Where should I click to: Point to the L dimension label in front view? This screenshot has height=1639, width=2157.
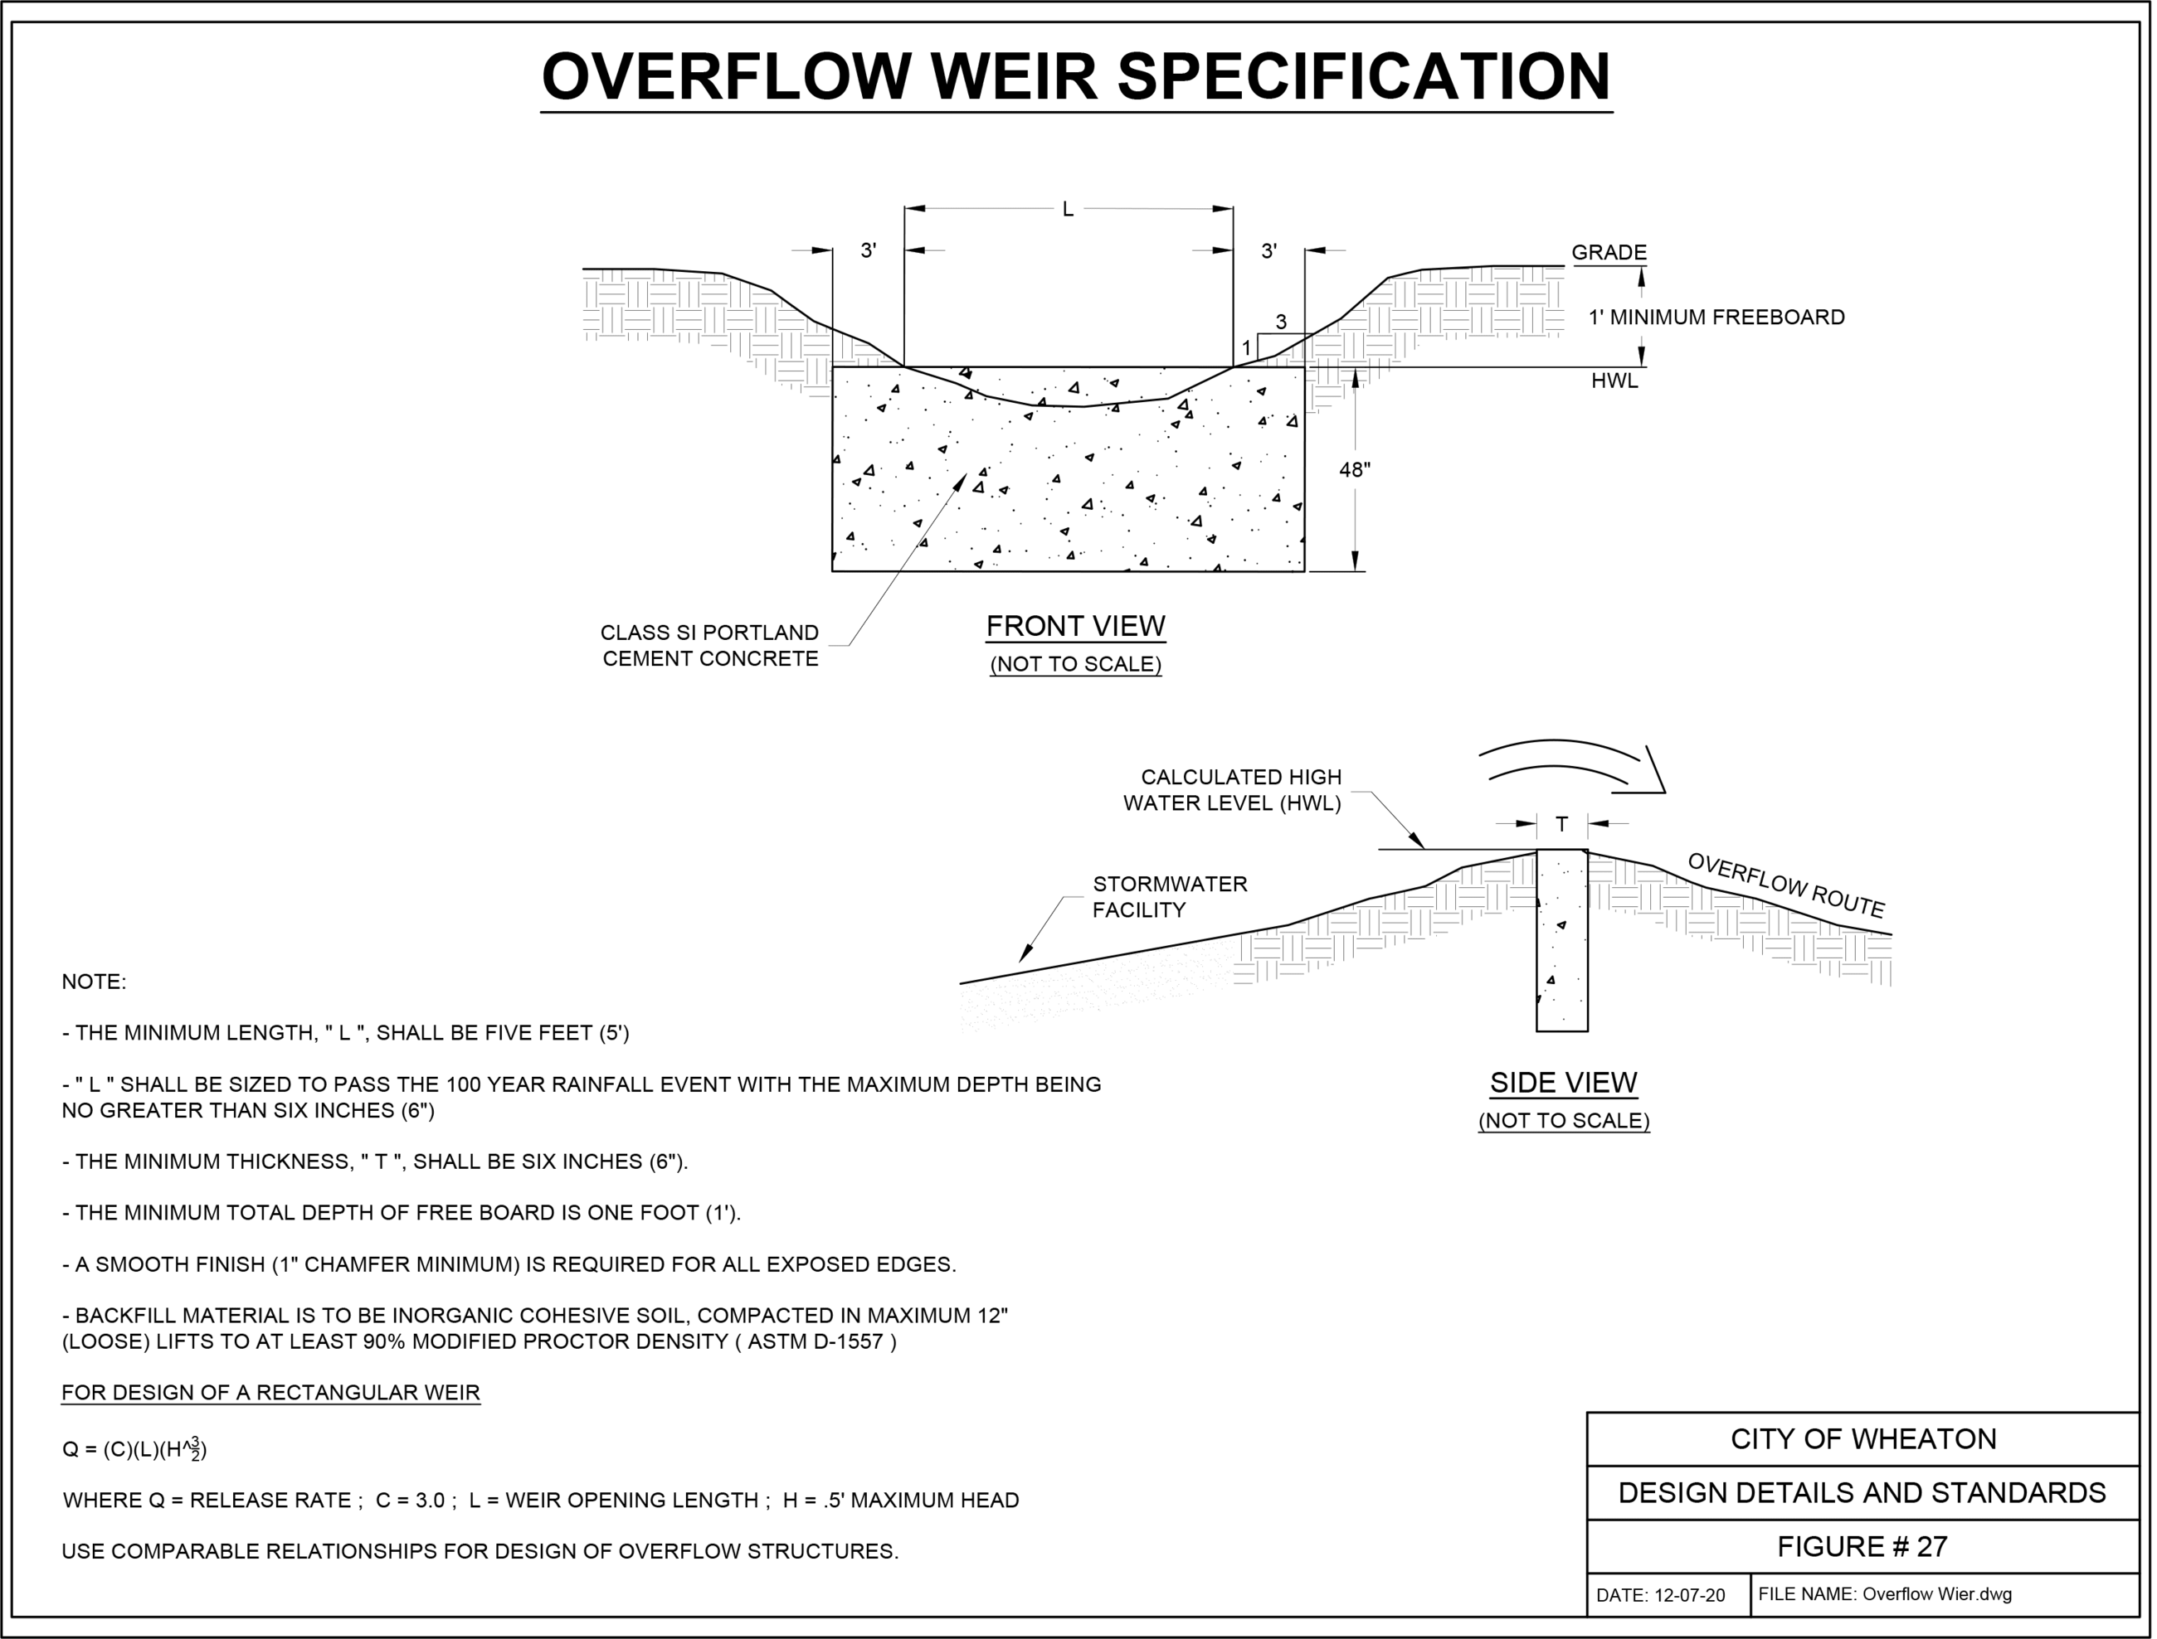(x=1068, y=210)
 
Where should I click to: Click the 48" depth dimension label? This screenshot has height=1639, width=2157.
(x=1355, y=470)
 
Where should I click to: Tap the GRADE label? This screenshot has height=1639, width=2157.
(x=1609, y=253)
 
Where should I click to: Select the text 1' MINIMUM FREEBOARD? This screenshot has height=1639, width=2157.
(x=1716, y=317)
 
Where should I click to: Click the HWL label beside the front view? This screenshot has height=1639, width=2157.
(x=1614, y=381)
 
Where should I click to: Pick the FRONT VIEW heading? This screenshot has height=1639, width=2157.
(x=1075, y=626)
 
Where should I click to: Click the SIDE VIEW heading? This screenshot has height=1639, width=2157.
(x=1563, y=1083)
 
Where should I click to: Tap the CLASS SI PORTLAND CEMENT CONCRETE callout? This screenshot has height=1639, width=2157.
(x=709, y=646)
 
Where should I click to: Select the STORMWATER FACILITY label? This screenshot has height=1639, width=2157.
(x=1169, y=896)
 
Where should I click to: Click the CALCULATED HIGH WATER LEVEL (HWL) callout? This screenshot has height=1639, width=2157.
(x=1232, y=790)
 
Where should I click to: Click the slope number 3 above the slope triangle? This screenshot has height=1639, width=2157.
(x=1282, y=322)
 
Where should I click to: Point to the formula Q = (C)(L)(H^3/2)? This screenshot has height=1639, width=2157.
(x=134, y=1450)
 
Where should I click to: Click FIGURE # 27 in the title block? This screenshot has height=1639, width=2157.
(x=1862, y=1547)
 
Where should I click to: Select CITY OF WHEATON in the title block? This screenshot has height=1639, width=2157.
(x=1862, y=1440)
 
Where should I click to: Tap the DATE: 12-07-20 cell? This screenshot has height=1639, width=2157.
(x=1660, y=1596)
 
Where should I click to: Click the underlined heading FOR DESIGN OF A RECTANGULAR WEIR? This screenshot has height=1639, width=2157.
(x=270, y=1393)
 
